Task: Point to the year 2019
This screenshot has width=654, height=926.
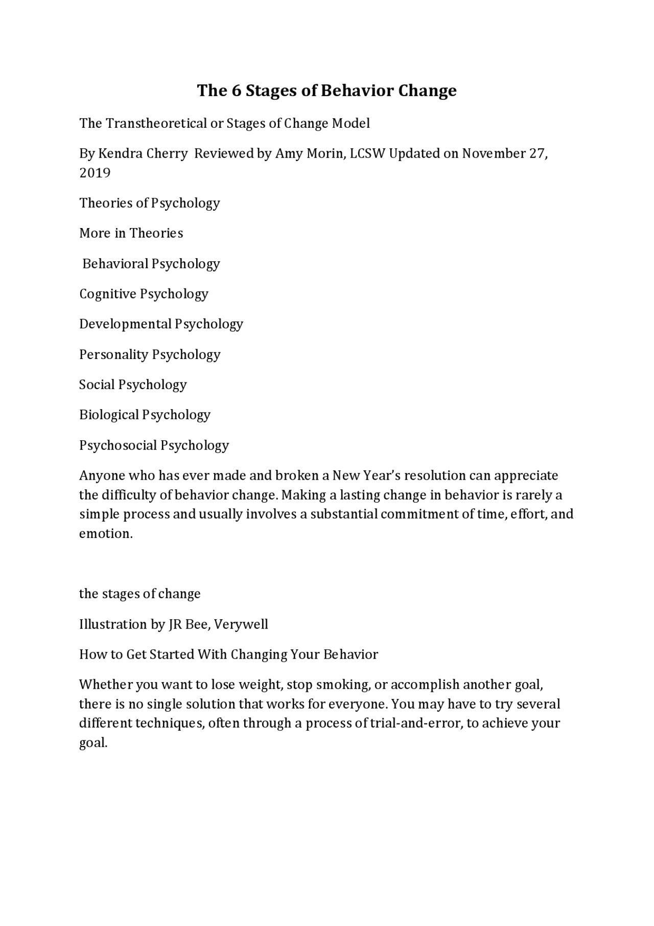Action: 95,173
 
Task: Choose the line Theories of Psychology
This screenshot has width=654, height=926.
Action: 149,203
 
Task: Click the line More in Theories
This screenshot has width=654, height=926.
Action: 131,233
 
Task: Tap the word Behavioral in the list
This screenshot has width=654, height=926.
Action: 115,264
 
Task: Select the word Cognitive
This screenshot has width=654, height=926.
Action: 107,294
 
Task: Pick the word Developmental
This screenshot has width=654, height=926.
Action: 125,324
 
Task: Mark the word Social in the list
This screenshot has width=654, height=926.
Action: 97,385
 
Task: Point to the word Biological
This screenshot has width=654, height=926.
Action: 109,415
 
